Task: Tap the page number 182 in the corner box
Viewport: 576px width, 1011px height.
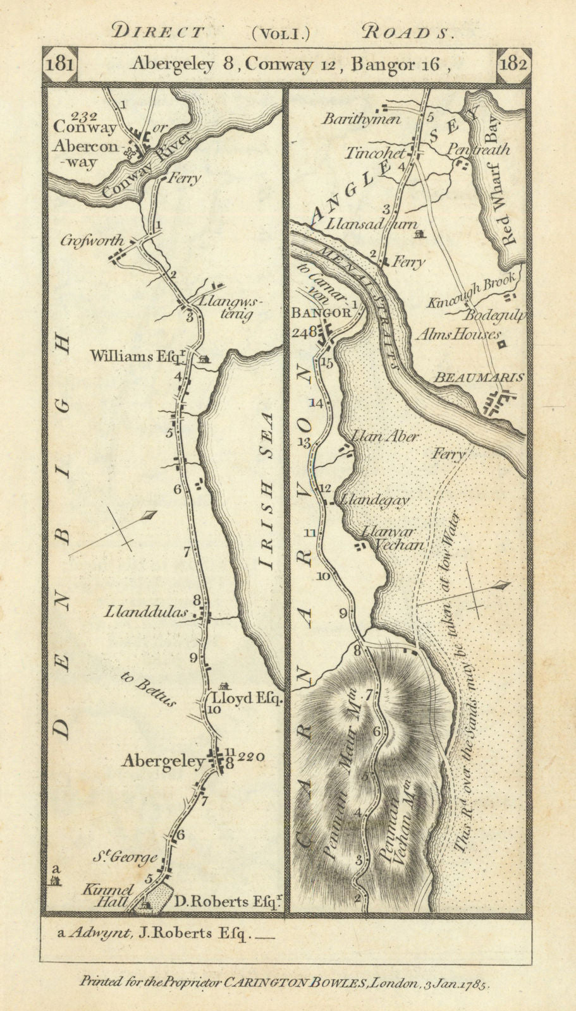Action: tap(513, 64)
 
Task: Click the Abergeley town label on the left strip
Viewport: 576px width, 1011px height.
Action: tap(163, 762)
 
